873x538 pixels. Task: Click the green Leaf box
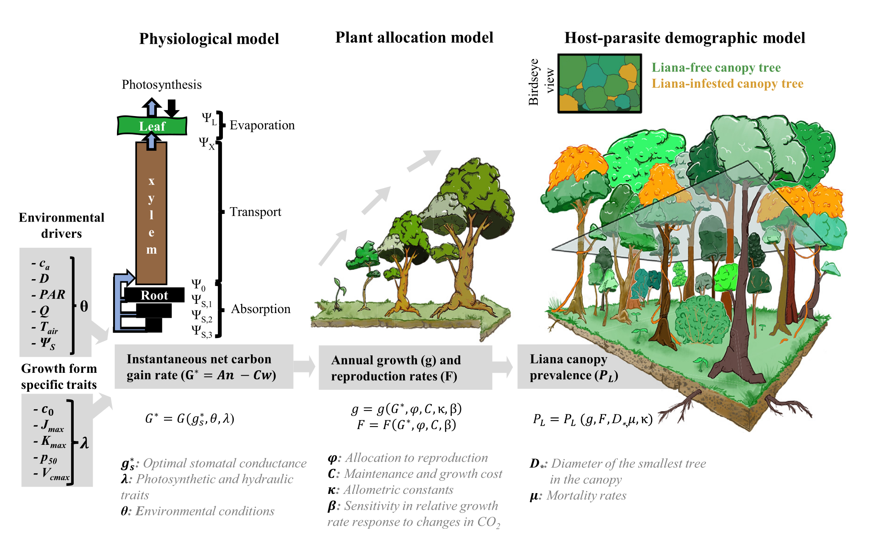152,126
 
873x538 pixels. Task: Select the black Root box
154,295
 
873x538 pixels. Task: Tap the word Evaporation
262,125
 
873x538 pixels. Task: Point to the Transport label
255,212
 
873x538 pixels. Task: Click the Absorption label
261,309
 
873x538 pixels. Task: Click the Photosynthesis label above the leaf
161,85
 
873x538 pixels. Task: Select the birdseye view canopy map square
599,83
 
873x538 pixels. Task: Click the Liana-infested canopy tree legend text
727,84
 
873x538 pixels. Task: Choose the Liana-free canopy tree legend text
716,68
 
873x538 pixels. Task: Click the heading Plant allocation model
414,38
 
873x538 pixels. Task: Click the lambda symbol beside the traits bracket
84,443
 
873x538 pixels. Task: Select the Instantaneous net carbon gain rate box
203,367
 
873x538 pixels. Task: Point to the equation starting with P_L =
592,419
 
